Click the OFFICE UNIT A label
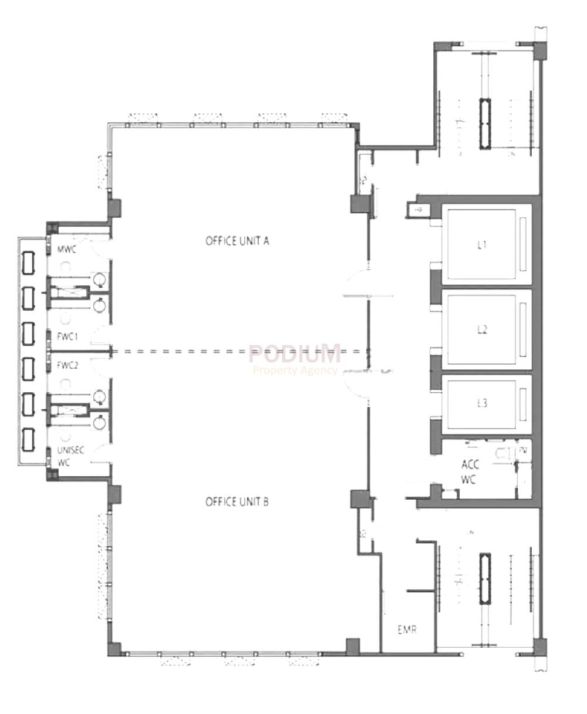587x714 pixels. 237,241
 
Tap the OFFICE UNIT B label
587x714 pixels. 237,502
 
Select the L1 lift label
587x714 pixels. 482,245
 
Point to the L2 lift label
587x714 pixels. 482,330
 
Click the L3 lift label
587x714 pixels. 482,404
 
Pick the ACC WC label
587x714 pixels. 470,471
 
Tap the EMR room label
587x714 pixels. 407,631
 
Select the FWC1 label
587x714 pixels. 68,336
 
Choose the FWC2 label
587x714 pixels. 68,365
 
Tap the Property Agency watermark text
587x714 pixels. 295,370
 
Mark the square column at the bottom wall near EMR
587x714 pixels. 353,646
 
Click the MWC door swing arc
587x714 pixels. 100,245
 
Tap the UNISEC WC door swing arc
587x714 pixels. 100,453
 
